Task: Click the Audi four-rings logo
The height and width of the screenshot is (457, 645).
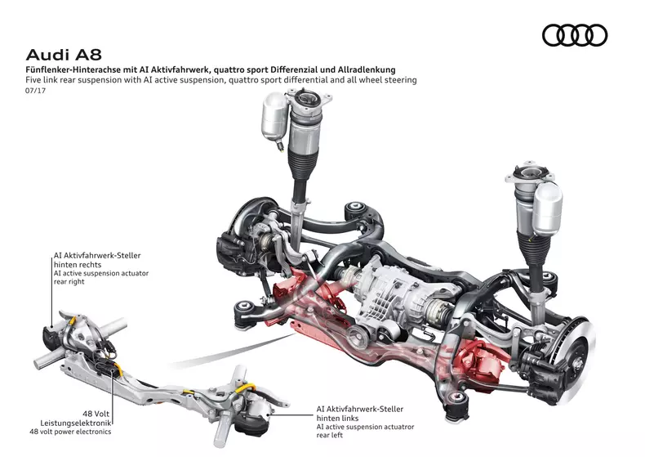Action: pos(575,35)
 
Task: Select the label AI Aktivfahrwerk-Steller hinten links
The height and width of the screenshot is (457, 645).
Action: pos(359,413)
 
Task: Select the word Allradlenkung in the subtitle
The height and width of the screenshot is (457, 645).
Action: pos(383,71)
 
